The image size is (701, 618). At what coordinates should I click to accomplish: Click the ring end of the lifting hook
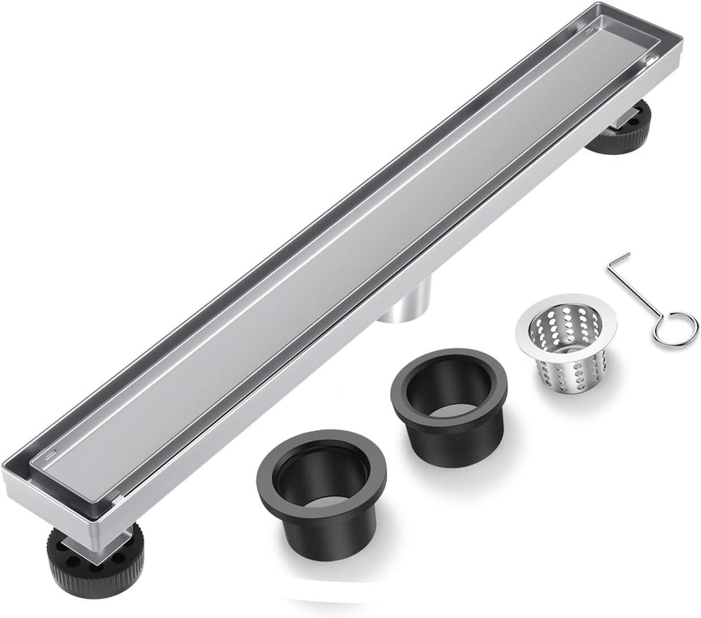(676, 329)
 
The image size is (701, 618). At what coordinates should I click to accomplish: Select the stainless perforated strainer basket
(565, 347)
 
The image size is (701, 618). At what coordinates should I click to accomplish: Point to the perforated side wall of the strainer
(564, 373)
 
